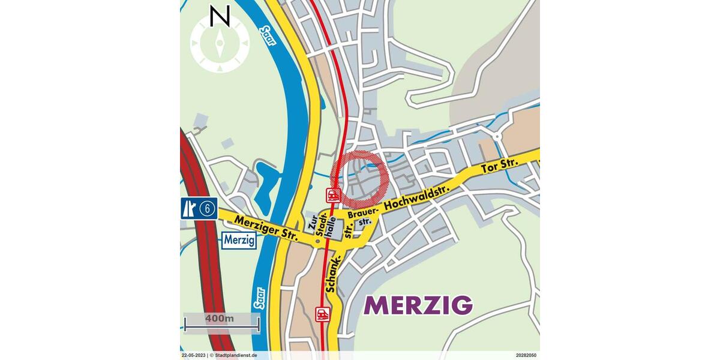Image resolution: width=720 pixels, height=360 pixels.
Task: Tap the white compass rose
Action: point(220,44)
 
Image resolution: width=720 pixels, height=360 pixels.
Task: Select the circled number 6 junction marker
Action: point(208,208)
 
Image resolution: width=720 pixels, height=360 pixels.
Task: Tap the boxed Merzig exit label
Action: point(239,241)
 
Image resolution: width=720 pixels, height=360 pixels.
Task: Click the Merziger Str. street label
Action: point(266,229)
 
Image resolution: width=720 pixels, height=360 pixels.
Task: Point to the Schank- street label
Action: point(332,273)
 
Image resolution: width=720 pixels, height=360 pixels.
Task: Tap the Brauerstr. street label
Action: point(359,220)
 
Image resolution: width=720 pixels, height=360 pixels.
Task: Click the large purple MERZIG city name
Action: point(418,305)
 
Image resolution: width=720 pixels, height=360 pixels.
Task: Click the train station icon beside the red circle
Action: point(333,194)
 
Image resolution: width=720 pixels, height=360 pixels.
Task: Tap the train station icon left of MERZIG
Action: point(323,313)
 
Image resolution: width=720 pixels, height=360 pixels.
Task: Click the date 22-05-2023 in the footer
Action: point(194,355)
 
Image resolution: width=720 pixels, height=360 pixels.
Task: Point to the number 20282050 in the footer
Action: point(526,355)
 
